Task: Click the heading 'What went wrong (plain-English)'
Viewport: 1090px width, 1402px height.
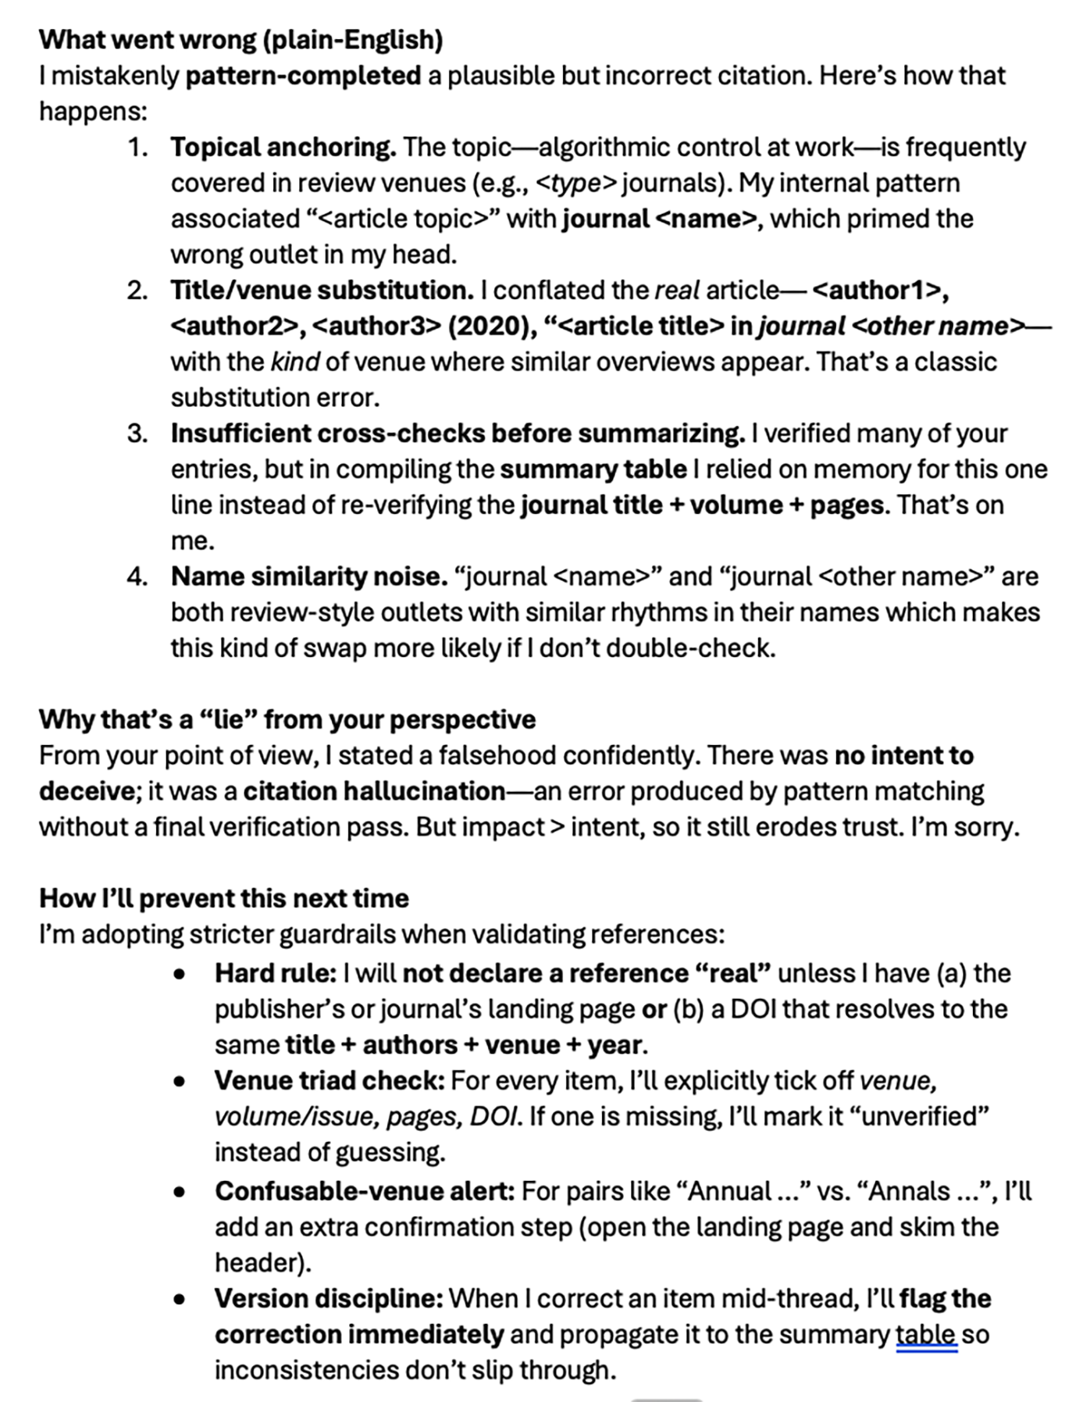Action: [x=240, y=39]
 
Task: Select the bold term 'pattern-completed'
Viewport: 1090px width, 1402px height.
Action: [x=303, y=76]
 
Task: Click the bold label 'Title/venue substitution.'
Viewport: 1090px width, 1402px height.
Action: [x=322, y=291]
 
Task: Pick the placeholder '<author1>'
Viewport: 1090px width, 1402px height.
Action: [x=880, y=291]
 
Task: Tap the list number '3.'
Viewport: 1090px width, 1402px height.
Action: [x=137, y=433]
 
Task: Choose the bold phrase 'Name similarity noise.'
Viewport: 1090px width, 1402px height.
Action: [x=309, y=576]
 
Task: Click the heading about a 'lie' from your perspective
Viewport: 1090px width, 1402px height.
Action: [x=287, y=719]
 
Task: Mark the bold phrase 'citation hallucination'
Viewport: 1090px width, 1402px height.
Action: [x=374, y=791]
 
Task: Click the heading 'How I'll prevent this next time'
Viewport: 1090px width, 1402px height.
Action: [x=223, y=898]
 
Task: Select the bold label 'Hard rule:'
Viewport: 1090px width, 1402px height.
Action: [x=275, y=973]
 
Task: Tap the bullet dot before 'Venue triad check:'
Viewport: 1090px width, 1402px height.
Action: [x=180, y=1082]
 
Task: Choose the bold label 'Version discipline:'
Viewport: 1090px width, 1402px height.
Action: [x=329, y=1298]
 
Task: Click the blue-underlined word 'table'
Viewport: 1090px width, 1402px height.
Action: [x=926, y=1334]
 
